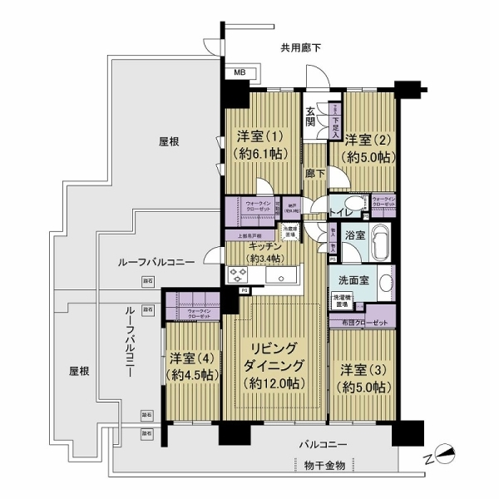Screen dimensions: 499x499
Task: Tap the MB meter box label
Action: click(239, 73)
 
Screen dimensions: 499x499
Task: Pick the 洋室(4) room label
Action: click(194, 367)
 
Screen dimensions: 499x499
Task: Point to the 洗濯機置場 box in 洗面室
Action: click(342, 300)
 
